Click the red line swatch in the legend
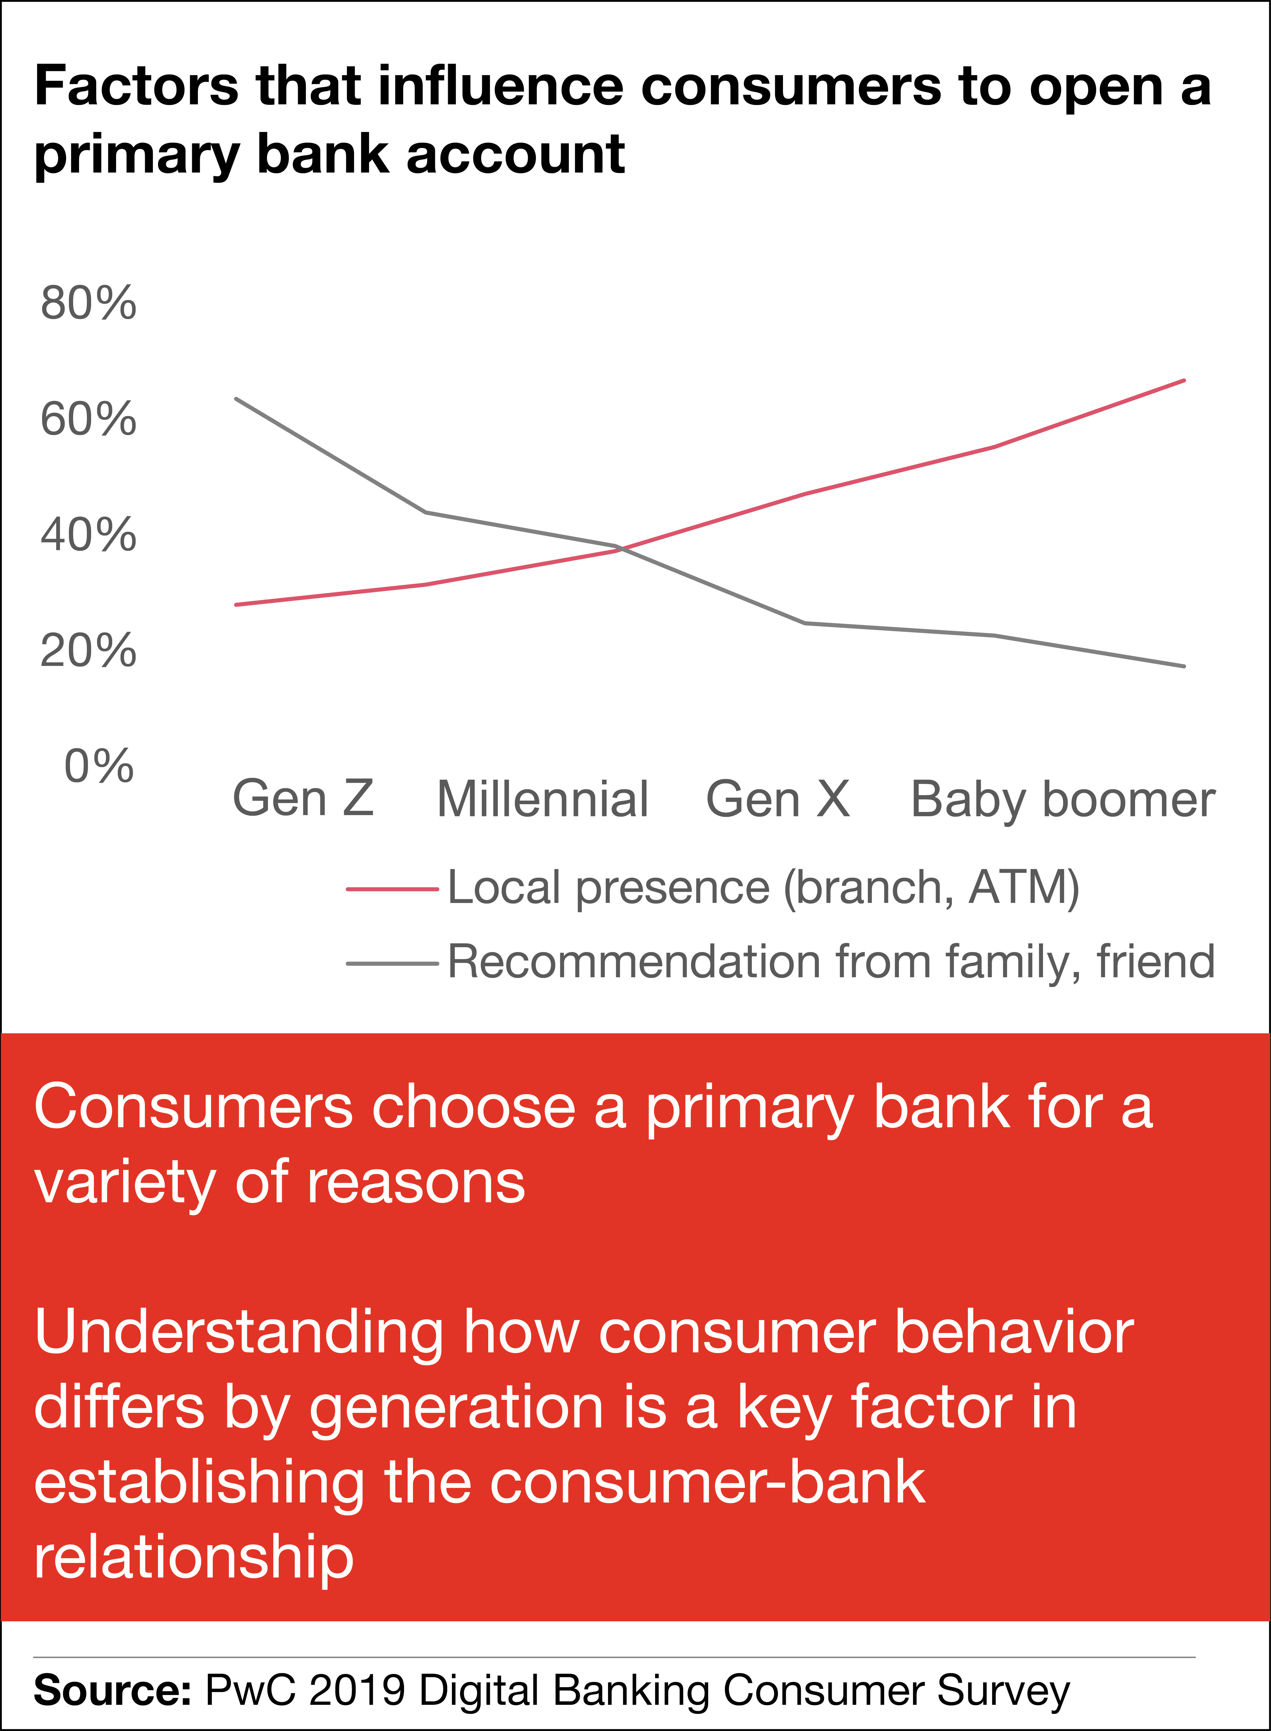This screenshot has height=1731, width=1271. click(392, 889)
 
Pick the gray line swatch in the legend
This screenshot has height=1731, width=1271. click(392, 963)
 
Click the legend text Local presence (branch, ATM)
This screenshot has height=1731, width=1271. click(763, 889)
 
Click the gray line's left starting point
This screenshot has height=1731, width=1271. click(236, 399)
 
